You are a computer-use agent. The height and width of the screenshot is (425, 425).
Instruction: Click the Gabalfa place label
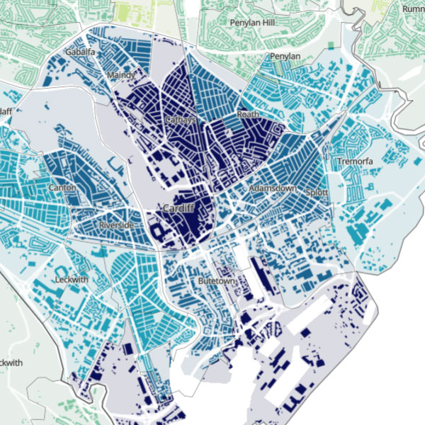point(80,52)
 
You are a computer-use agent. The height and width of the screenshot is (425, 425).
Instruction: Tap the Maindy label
point(120,75)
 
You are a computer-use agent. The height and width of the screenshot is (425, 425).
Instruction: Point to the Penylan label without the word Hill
point(285,57)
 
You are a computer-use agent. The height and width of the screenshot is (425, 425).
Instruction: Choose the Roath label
point(248,114)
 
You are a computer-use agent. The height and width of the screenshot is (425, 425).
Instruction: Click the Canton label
point(62,188)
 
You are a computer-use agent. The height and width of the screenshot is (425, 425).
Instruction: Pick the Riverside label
point(116,225)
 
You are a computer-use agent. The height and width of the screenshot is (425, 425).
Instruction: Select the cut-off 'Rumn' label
point(412,9)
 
